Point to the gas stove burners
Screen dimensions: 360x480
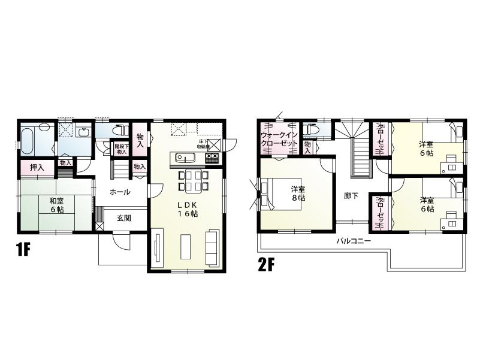pyautogui.click(x=212, y=159)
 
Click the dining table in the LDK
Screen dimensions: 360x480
pyautogui.click(x=193, y=180)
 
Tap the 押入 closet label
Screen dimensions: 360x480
pyautogui.click(x=37, y=167)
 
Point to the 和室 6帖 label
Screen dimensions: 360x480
pyautogui.click(x=58, y=205)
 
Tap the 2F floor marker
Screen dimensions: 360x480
pyautogui.click(x=267, y=265)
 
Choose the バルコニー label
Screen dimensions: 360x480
pyautogui.click(x=353, y=241)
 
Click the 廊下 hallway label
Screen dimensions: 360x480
pyautogui.click(x=352, y=195)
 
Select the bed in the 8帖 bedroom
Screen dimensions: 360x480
pyautogui.click(x=270, y=192)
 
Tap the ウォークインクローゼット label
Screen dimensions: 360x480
pyautogui.click(x=279, y=139)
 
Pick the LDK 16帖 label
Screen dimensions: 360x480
pyautogui.click(x=186, y=209)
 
